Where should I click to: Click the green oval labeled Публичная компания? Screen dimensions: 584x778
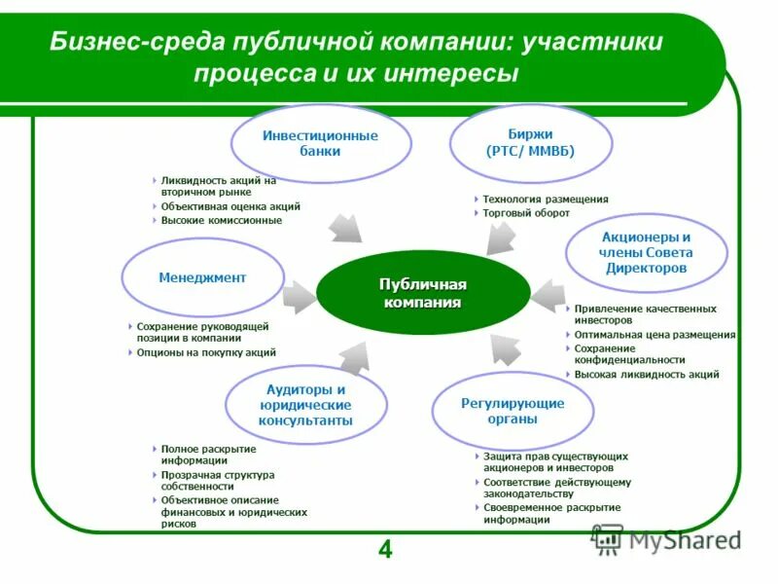pos(422,292)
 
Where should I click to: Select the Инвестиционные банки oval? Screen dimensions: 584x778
pos(320,143)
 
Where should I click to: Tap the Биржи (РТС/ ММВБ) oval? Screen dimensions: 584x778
pos(530,143)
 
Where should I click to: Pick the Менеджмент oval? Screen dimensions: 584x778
pos(202,277)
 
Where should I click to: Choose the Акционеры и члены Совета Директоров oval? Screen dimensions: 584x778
pos(646,252)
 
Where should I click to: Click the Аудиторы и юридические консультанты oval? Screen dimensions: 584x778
pos(305,405)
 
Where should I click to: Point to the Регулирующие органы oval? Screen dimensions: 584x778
pos(513,410)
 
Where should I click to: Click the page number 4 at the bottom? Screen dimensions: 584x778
pos(385,551)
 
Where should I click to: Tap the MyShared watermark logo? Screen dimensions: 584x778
pos(665,538)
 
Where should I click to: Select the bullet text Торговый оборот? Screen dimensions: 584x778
pos(526,212)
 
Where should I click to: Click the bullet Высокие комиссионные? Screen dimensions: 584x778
pos(221,220)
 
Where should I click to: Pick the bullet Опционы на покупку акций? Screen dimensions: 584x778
pos(206,352)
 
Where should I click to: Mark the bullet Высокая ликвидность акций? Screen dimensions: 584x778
pos(646,374)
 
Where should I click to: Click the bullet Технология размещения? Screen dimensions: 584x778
pos(545,199)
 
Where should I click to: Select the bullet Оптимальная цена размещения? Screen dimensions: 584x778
pos(654,334)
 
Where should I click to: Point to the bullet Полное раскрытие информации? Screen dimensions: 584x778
pos(208,455)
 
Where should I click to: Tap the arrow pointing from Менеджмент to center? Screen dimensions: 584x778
pos(299,293)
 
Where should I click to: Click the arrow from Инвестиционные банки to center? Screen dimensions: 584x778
pos(345,228)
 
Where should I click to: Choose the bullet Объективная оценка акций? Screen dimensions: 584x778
pos(230,206)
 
